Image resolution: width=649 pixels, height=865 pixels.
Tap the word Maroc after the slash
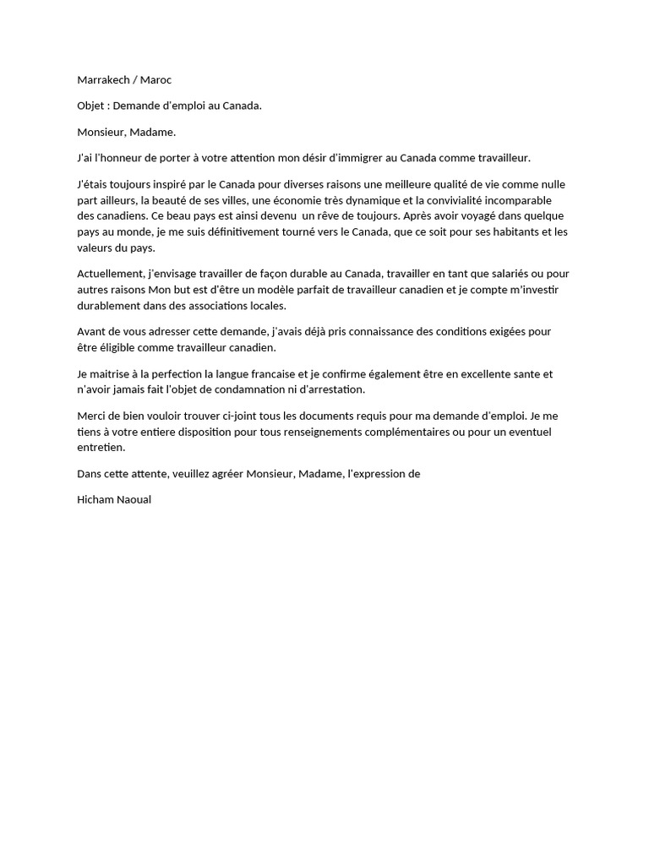coord(156,80)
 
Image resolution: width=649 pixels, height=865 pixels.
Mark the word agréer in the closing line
coord(223,474)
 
